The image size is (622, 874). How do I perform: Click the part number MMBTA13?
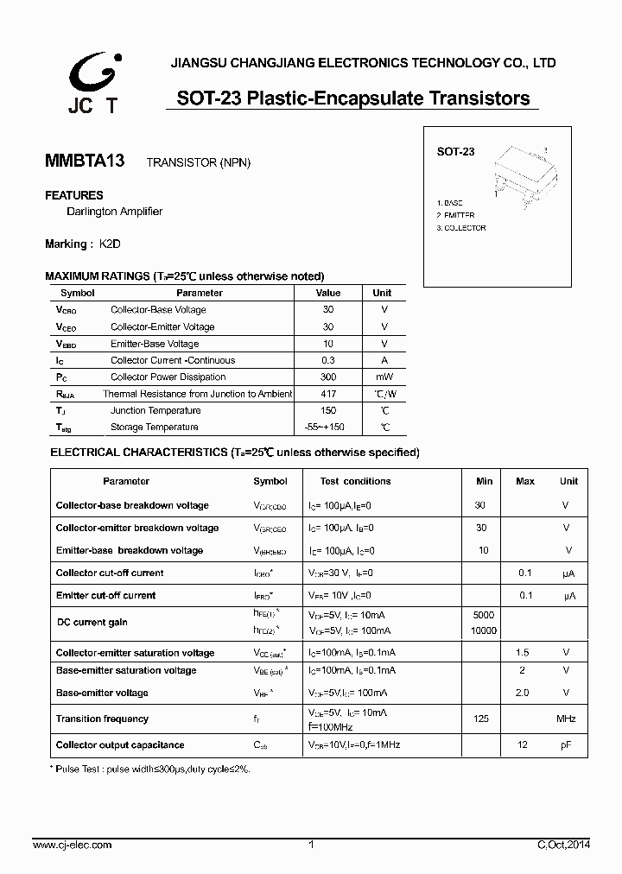(x=85, y=161)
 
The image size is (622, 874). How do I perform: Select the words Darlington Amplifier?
(x=114, y=212)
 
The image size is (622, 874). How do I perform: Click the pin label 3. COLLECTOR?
(x=461, y=228)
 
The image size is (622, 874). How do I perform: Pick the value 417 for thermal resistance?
(x=328, y=394)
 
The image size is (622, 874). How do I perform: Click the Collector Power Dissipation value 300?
(x=328, y=377)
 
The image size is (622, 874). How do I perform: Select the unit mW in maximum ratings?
(x=383, y=377)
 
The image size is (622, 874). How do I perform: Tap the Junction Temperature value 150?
(x=328, y=411)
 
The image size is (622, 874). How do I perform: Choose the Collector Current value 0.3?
(x=328, y=361)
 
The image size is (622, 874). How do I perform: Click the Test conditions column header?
(x=355, y=481)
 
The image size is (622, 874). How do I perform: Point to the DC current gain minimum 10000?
(x=484, y=631)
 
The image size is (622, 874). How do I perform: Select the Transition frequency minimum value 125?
(x=482, y=719)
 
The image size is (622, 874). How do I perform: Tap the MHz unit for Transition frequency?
(x=566, y=719)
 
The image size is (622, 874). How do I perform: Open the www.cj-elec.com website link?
(x=72, y=845)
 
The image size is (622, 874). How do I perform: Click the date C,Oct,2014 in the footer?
(x=562, y=845)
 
